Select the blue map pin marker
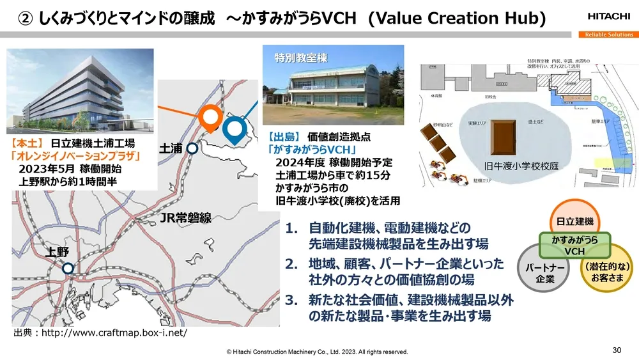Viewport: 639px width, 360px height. [x=235, y=129]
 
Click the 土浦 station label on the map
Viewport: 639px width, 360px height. [x=170, y=148]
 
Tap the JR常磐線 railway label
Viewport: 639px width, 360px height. [x=185, y=219]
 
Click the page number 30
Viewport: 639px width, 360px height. [x=616, y=350]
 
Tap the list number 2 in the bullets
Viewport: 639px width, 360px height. [x=291, y=263]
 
